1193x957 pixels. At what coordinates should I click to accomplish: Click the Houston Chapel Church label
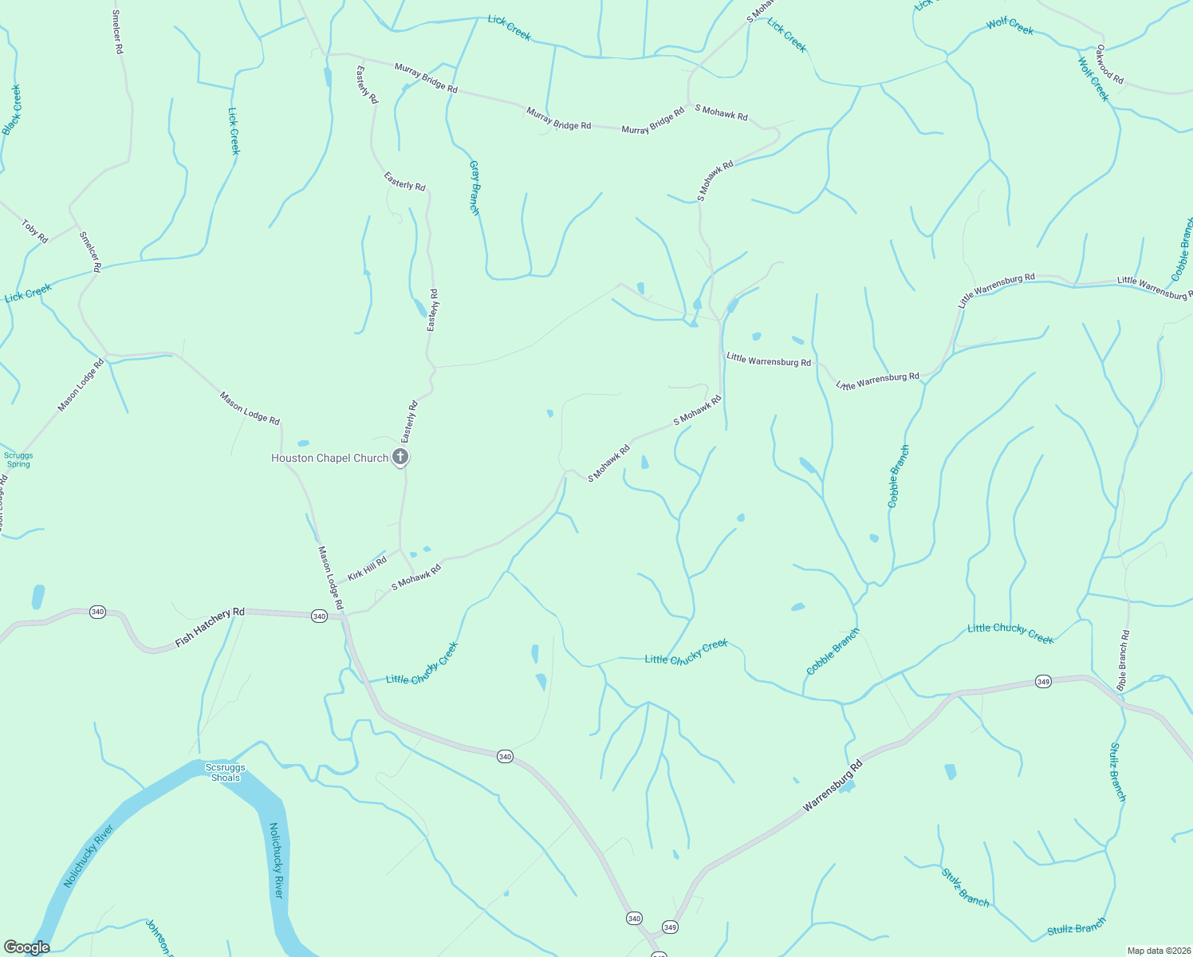329,458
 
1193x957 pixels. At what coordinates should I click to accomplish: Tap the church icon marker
400,457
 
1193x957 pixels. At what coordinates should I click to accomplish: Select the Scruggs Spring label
18,459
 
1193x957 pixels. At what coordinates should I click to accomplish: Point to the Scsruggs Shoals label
226,772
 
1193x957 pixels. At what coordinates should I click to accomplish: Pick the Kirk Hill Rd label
367,569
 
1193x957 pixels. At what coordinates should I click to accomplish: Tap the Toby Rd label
35,231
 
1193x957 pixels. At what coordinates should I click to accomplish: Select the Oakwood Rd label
1109,65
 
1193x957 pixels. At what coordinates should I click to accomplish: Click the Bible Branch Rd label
1123,660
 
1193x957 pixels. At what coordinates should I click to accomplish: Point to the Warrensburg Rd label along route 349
833,786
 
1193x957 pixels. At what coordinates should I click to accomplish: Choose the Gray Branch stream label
474,187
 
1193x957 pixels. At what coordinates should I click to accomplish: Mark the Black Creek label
12,109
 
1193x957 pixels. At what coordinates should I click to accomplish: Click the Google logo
27,947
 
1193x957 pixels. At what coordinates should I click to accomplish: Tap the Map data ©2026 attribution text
1158,950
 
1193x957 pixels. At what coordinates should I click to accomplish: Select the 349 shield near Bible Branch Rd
1043,681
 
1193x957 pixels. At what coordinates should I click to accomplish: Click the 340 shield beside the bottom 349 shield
634,918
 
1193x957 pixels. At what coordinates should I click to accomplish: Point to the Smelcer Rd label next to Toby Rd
90,251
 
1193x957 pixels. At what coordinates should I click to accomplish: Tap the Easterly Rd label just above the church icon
409,422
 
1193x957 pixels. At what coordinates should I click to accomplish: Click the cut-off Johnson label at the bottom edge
158,937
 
